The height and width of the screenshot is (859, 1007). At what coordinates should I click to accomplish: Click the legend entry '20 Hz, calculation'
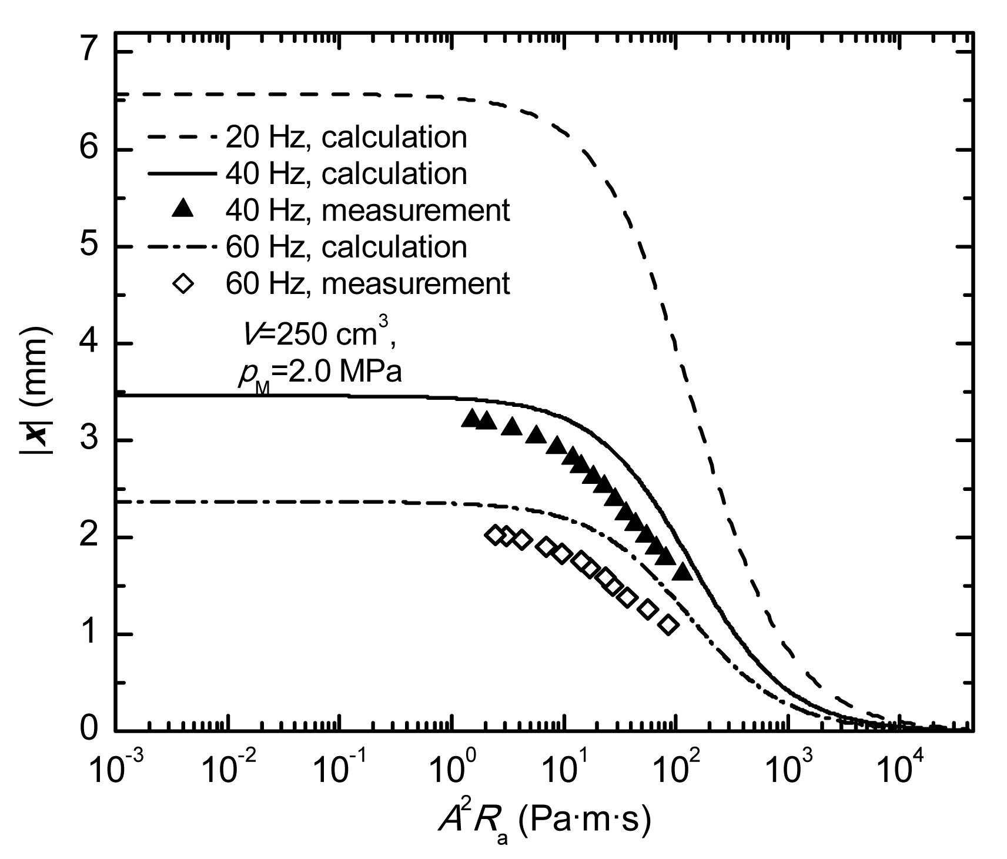tap(346, 138)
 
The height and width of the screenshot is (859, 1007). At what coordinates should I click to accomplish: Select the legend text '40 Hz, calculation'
tap(346, 174)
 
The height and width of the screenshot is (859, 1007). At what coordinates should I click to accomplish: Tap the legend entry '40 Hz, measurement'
tap(367, 210)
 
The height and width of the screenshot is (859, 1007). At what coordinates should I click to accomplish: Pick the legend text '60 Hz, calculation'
tap(346, 247)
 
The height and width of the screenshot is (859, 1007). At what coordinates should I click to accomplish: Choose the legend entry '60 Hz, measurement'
tap(367, 283)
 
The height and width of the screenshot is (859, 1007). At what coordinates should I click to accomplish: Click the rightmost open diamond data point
tap(668, 625)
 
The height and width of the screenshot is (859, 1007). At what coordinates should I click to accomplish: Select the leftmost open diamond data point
tap(496, 534)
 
